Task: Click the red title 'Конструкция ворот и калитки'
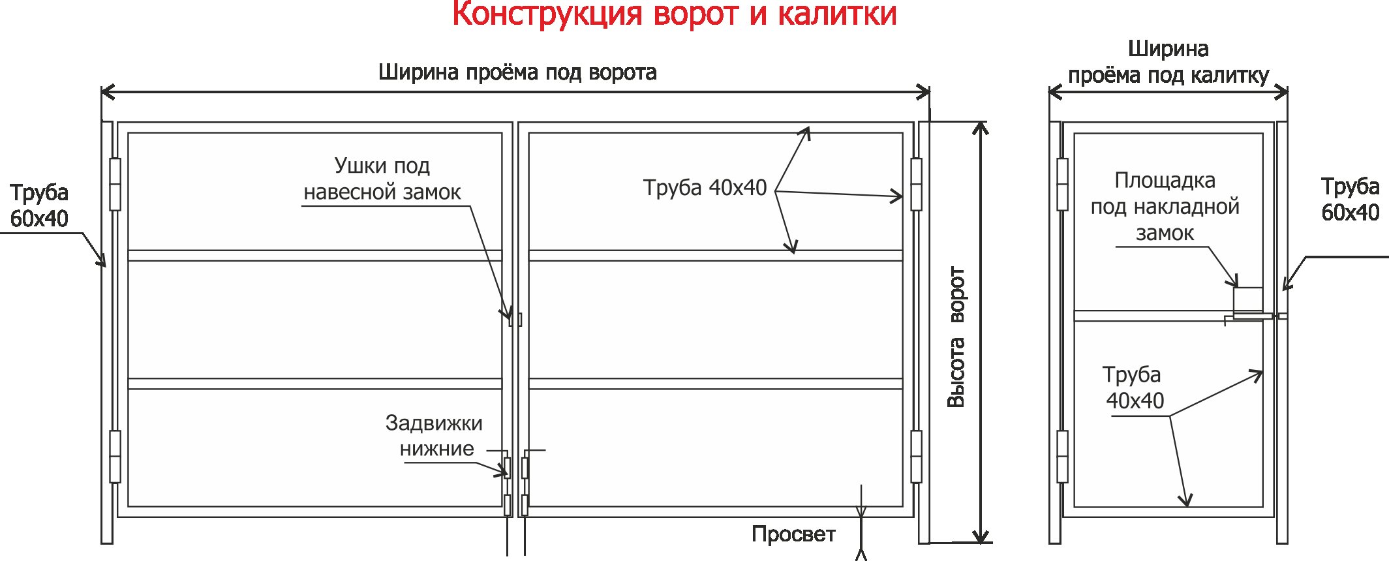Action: tap(674, 14)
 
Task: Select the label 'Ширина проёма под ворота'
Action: tap(517, 72)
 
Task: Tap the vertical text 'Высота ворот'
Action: tap(956, 337)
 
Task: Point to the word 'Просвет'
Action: tap(793, 534)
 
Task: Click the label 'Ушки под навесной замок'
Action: tap(382, 179)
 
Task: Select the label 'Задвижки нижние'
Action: tap(434, 436)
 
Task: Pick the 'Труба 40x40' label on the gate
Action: tap(705, 188)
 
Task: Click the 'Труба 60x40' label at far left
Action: tap(39, 205)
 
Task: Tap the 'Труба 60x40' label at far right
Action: tap(1349, 200)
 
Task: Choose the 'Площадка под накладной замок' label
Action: tap(1165, 206)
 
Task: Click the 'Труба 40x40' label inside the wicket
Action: tap(1133, 387)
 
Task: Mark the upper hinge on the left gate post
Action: tap(115, 184)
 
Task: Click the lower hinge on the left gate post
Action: tap(115, 456)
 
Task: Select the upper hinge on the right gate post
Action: tap(916, 184)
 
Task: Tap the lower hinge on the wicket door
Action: tap(1062, 456)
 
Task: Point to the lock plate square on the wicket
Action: tap(1247, 301)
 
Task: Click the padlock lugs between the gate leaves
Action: tap(515, 319)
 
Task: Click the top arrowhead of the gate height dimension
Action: tap(980, 127)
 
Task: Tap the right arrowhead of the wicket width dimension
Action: tap(1283, 92)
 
